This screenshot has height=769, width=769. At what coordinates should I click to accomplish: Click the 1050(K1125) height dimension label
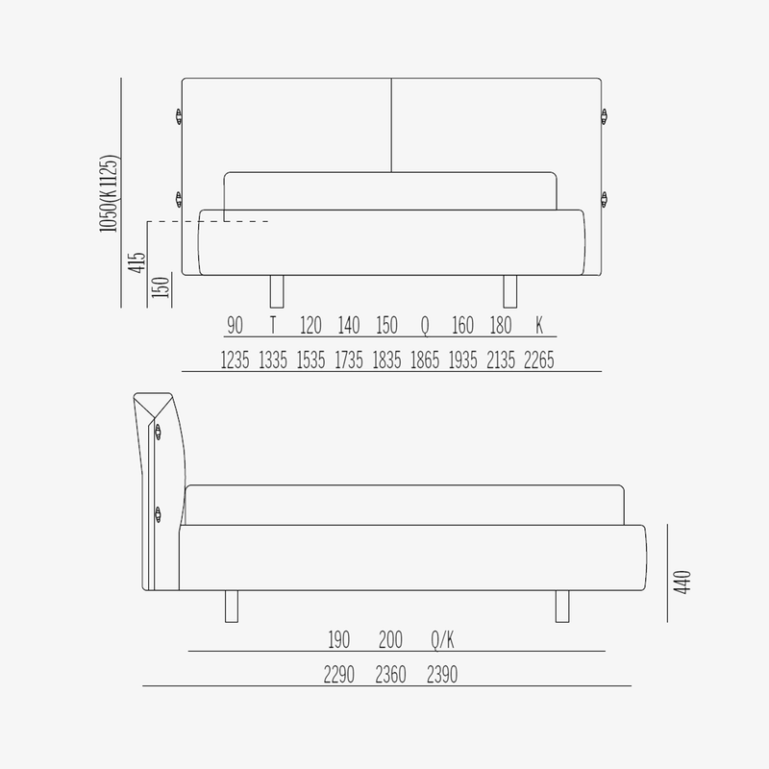(x=109, y=193)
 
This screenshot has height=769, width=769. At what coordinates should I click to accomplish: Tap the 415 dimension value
(x=136, y=262)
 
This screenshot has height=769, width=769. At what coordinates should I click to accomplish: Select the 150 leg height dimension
(x=161, y=286)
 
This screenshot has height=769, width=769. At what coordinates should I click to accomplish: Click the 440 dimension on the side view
(x=682, y=583)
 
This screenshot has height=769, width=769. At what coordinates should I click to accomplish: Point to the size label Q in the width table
(x=425, y=326)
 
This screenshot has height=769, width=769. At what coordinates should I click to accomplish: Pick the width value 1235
(x=235, y=360)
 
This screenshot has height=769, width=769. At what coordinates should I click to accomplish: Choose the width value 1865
(x=425, y=360)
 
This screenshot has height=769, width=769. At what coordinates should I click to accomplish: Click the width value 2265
(x=539, y=360)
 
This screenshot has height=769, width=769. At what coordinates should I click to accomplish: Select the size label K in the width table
(x=539, y=325)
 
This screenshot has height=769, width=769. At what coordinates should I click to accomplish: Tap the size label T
(x=273, y=325)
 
